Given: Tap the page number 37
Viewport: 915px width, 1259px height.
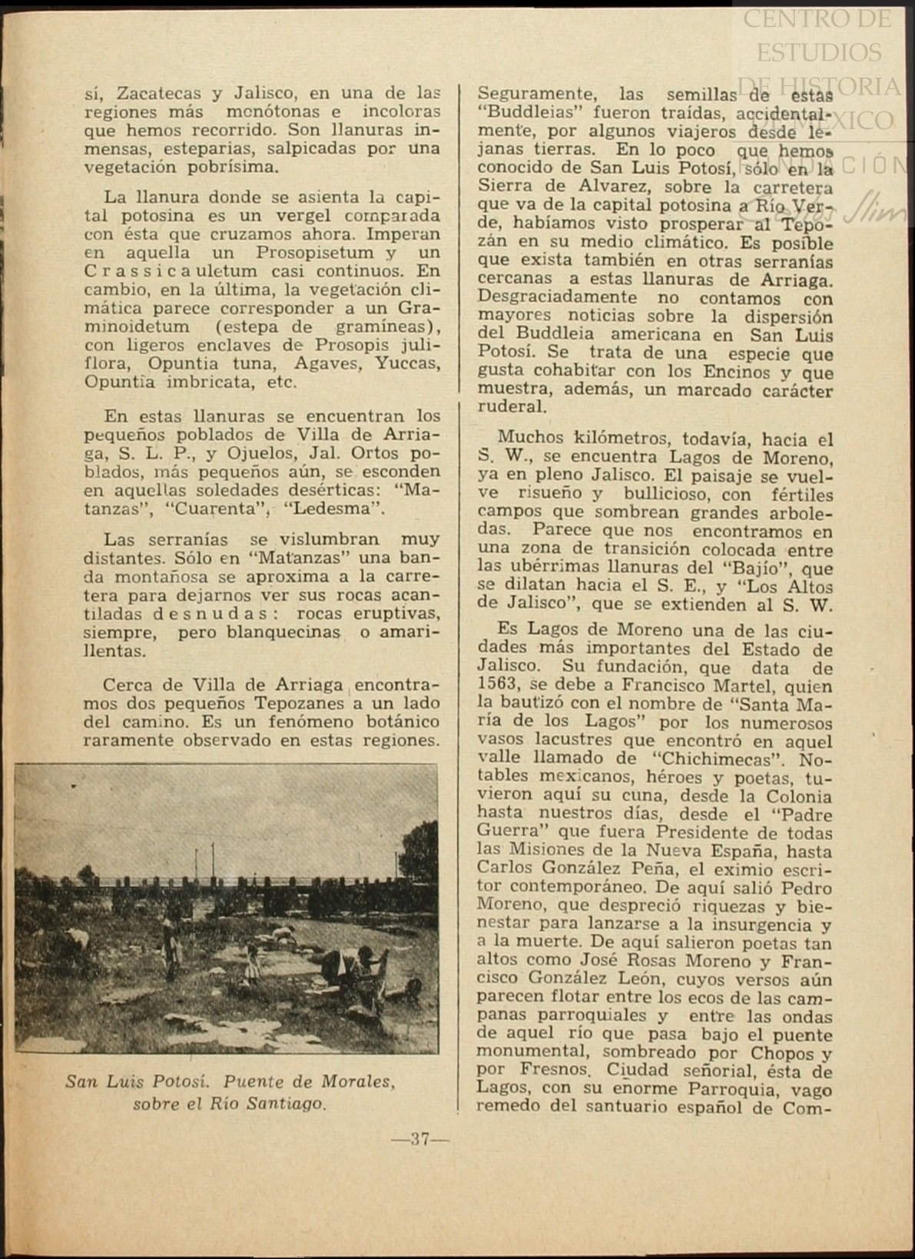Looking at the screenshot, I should (x=419, y=1139).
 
